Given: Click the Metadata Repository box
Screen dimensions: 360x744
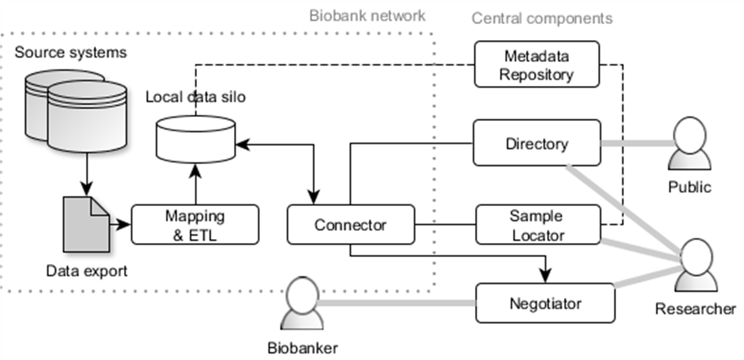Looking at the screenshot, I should (537, 64).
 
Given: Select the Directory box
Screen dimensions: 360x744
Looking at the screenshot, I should (537, 144).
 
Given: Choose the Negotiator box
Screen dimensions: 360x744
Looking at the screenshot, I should (545, 303).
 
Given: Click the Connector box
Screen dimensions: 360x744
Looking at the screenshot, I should (350, 225).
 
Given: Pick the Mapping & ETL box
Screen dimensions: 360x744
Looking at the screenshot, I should (195, 225).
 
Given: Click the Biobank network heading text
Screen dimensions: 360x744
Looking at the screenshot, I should (367, 15).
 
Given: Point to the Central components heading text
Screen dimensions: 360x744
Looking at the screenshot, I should (542, 18).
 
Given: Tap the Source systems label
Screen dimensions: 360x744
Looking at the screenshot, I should (71, 52).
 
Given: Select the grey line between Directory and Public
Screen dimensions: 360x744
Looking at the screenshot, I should (636, 144).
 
